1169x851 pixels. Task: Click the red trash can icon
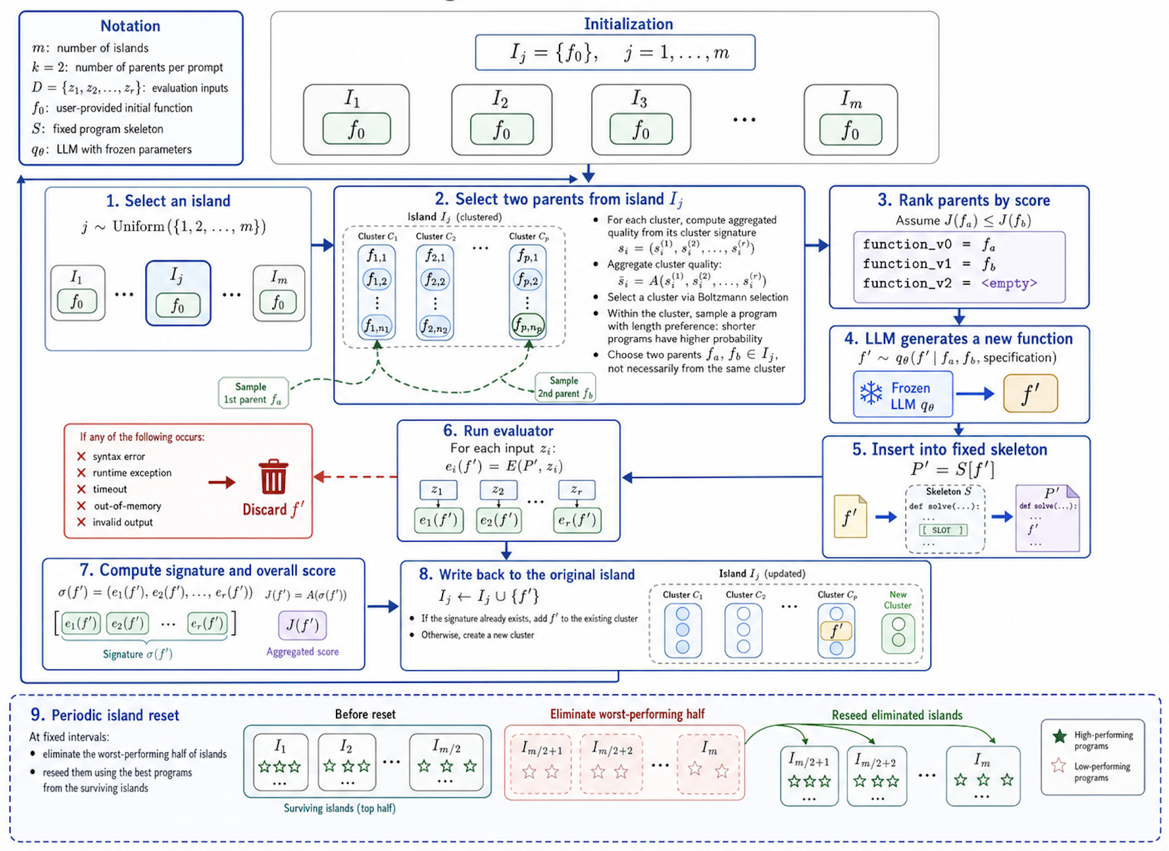tap(273, 477)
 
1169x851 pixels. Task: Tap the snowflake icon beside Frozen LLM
tap(871, 394)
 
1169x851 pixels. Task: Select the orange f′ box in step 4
tap(1030, 394)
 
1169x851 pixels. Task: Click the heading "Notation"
tap(130, 26)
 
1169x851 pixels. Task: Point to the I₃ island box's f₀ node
tap(641, 129)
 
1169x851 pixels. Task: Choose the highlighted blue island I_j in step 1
tap(178, 293)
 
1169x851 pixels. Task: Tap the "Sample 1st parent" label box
tap(253, 393)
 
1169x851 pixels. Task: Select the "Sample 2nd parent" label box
tap(565, 387)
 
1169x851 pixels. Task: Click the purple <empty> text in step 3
tap(1009, 283)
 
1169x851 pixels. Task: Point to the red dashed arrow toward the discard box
tap(355, 477)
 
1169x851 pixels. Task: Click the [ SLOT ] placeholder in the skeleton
tap(943, 530)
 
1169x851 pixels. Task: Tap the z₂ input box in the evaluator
tap(498, 490)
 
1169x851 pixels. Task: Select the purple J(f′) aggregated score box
tap(302, 625)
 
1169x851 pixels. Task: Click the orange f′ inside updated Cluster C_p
tap(836, 631)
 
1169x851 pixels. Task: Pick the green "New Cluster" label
tap(898, 600)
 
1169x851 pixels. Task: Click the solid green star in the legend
tap(1060, 736)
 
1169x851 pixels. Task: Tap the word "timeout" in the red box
tap(109, 489)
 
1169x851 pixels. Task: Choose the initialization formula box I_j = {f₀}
tap(615, 53)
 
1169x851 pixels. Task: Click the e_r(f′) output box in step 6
tap(577, 520)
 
